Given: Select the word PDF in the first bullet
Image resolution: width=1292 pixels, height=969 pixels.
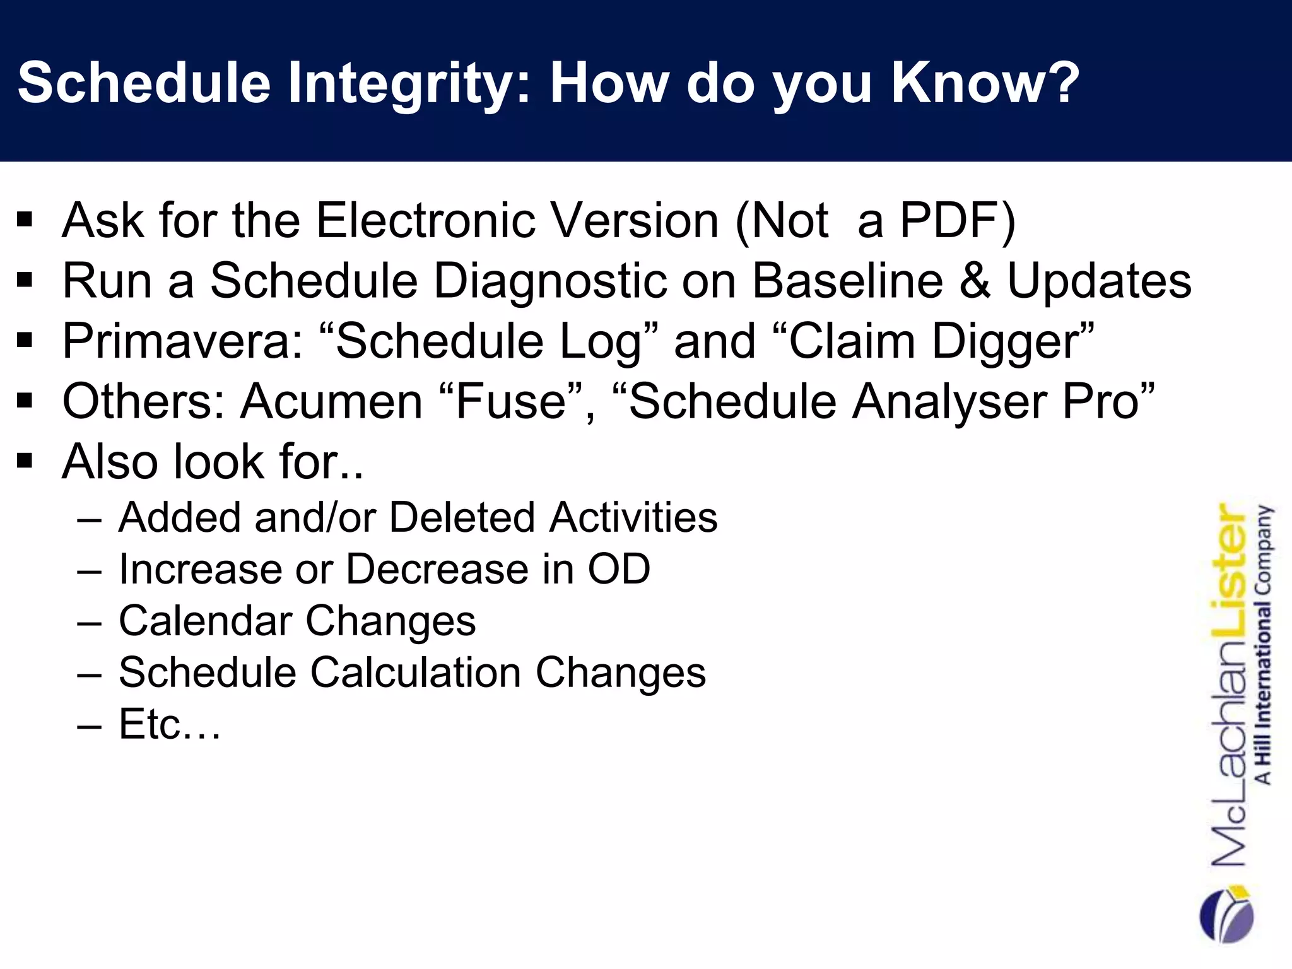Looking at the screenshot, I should pos(949,220).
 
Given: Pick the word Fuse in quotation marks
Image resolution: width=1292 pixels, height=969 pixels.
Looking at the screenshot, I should pos(511,401).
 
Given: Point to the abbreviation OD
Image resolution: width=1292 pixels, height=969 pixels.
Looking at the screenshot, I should pos(618,569).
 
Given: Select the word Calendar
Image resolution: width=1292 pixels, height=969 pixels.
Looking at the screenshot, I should pos(204,621).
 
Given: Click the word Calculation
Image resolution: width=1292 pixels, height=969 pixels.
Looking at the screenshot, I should pos(416,672).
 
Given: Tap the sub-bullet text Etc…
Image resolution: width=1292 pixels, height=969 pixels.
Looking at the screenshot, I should pos(169,724).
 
